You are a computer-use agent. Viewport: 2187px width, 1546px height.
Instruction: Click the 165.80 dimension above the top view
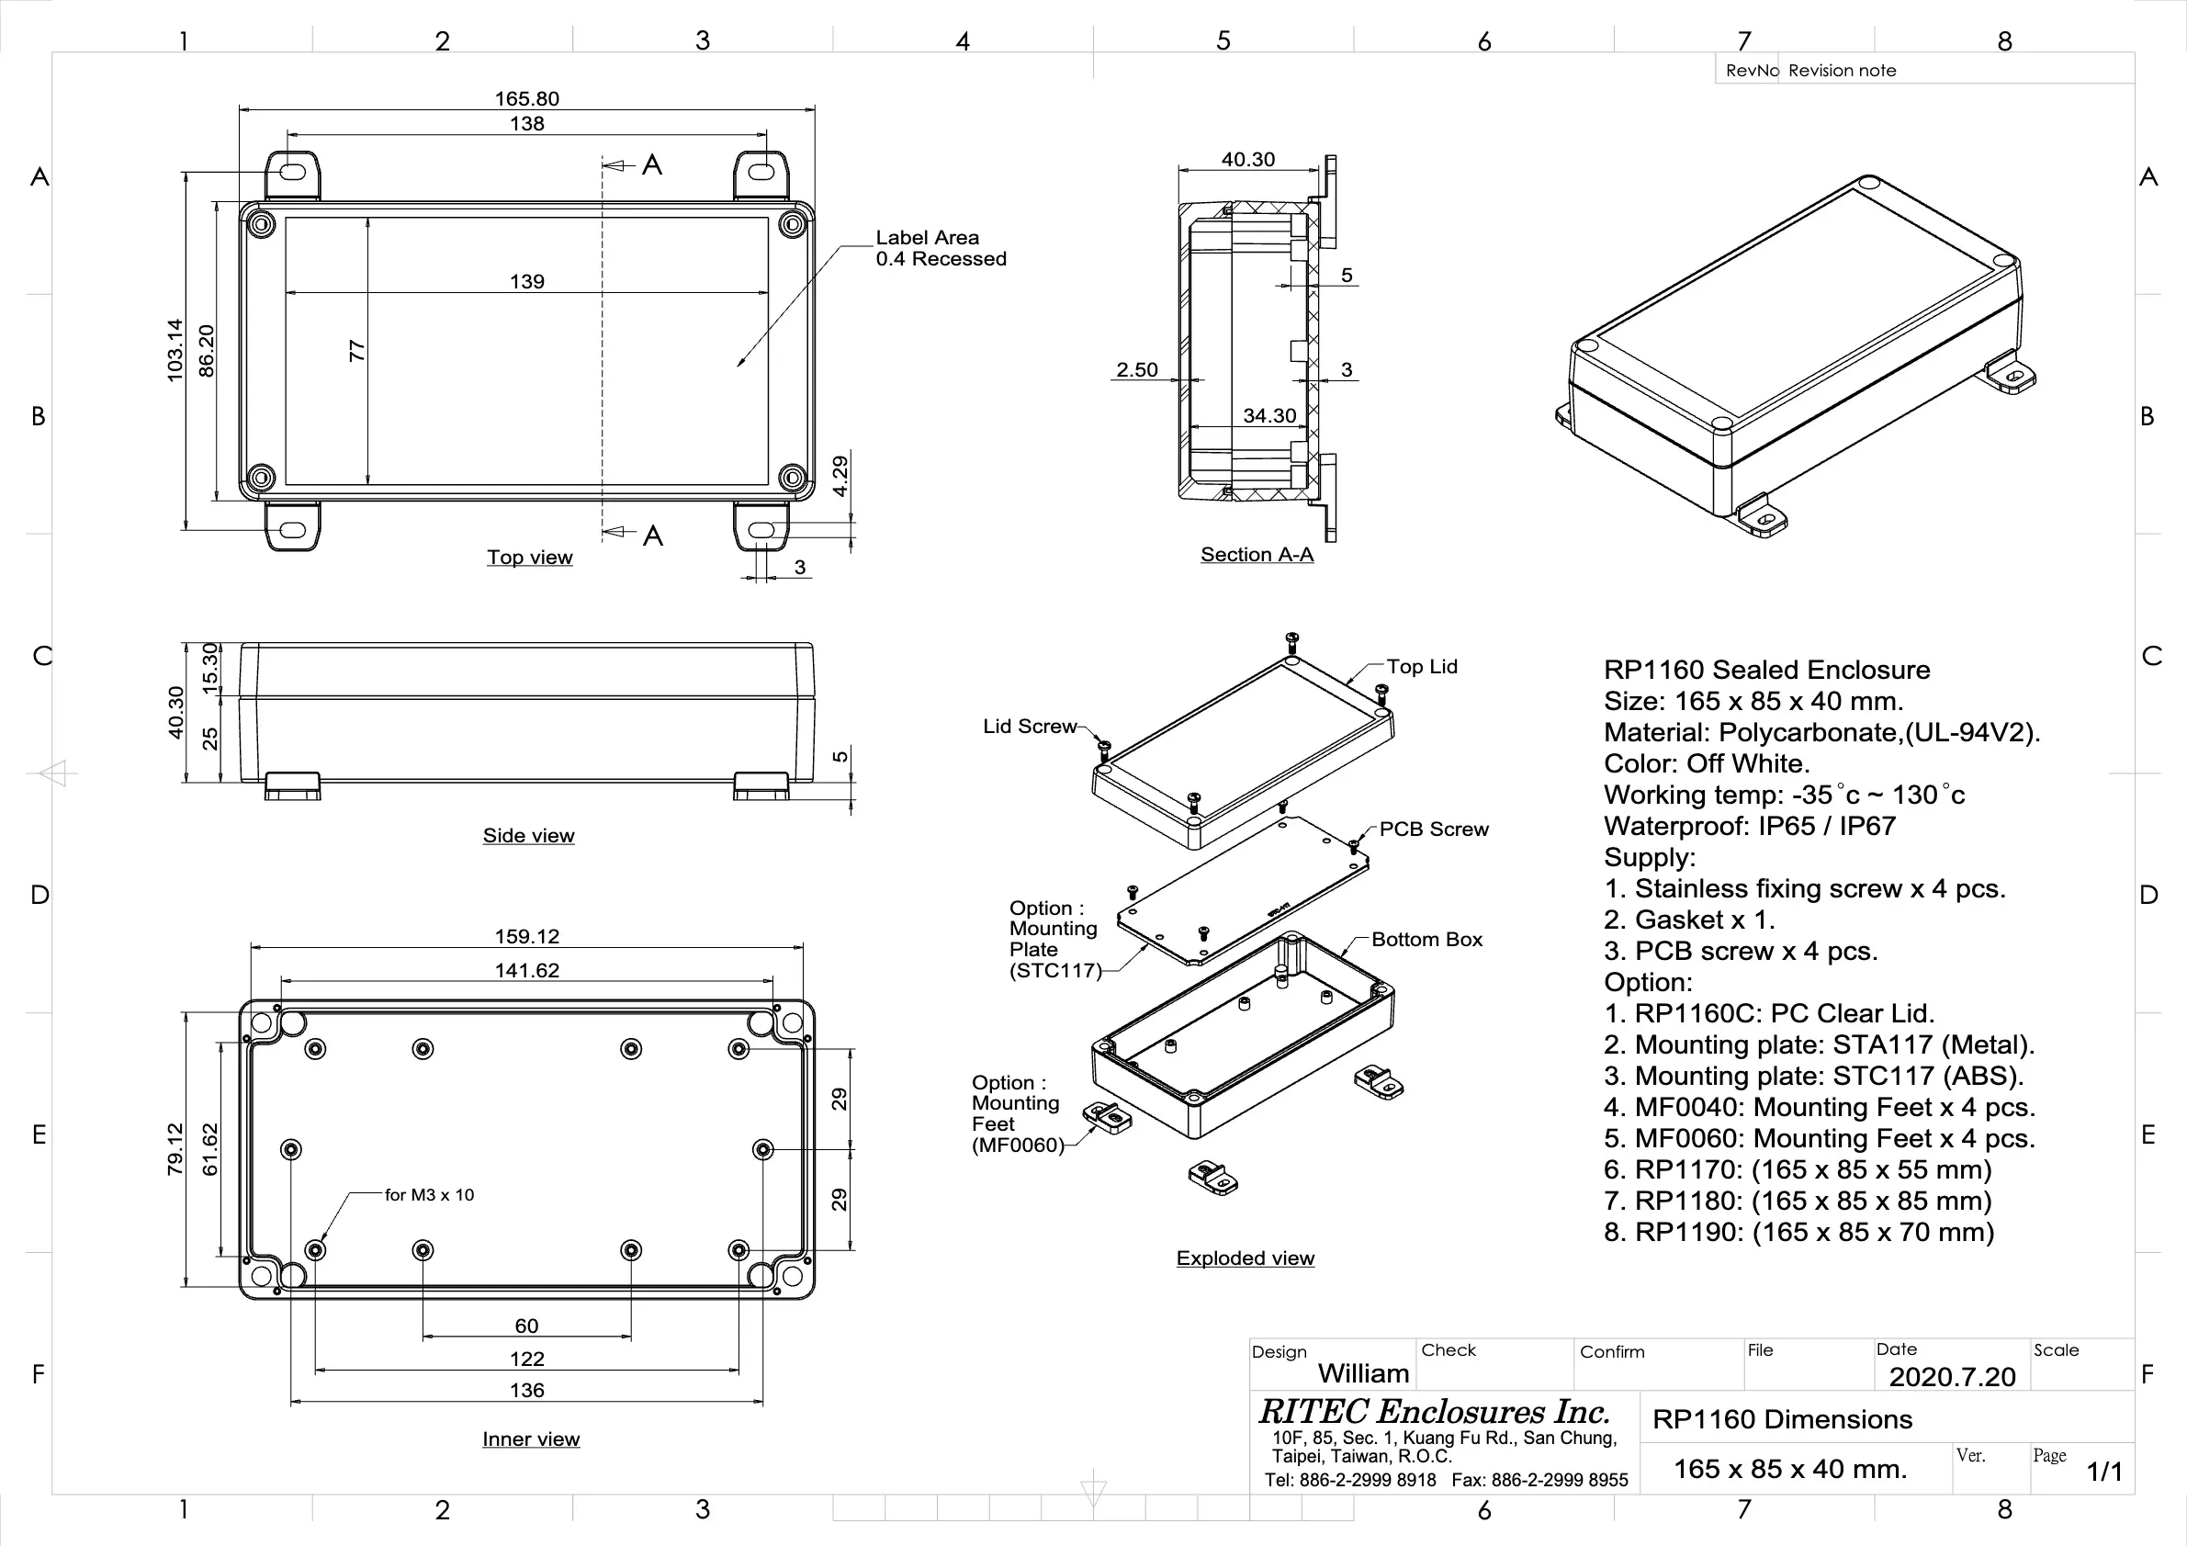[x=526, y=99]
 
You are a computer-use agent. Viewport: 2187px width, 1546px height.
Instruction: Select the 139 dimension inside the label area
[x=526, y=282]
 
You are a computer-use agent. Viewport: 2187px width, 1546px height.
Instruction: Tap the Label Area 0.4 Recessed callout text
[x=941, y=249]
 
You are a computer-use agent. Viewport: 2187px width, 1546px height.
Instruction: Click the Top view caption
[x=530, y=558]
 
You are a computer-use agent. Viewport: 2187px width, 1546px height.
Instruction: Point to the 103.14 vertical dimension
[x=175, y=351]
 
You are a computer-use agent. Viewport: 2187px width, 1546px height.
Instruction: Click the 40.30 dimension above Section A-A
[x=1247, y=160]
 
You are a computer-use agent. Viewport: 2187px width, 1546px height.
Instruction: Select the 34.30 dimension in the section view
[x=1268, y=416]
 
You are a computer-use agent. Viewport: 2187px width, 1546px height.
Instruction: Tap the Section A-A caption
[x=1257, y=555]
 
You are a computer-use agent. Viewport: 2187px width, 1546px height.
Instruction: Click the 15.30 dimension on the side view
[x=210, y=664]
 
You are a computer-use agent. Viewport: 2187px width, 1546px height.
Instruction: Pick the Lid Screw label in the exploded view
[x=1029, y=727]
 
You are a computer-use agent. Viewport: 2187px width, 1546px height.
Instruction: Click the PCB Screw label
[x=1434, y=829]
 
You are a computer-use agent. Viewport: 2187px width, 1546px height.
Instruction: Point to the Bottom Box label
[x=1426, y=940]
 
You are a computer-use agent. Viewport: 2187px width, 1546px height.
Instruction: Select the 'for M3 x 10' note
[x=429, y=1195]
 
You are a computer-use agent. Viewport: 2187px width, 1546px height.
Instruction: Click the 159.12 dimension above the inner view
[x=526, y=937]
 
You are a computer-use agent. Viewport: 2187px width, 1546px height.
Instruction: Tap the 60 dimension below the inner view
[x=526, y=1326]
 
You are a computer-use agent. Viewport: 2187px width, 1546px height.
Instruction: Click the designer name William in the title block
[x=1363, y=1373]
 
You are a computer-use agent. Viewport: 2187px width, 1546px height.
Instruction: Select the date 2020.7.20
[x=1952, y=1376]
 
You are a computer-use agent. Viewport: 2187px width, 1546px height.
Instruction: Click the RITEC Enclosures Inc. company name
[x=1434, y=1412]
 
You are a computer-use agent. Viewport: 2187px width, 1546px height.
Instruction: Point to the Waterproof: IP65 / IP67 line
[x=1749, y=827]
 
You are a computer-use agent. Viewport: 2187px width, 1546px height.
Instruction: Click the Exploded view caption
[x=1245, y=1258]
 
